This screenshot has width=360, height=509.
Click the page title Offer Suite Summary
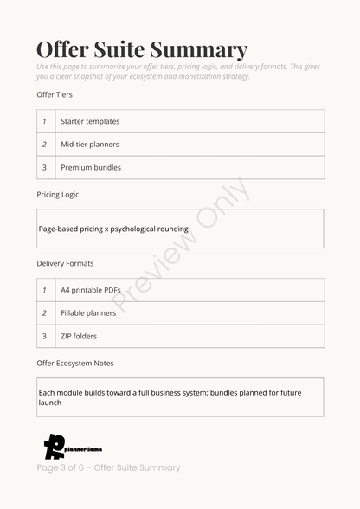click(x=142, y=49)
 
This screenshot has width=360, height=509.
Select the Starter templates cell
click(x=90, y=121)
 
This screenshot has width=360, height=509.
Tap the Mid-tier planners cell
click(x=90, y=145)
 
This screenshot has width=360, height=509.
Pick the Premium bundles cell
click(x=91, y=167)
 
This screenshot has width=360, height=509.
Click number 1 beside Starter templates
click(x=44, y=121)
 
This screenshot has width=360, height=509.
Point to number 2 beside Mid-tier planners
click(x=44, y=145)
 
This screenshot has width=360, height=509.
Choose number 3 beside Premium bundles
click(x=44, y=167)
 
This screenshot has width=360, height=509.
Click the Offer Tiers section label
click(x=55, y=94)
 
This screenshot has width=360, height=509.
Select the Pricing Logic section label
click(x=58, y=195)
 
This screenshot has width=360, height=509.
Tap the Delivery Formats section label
click(x=65, y=263)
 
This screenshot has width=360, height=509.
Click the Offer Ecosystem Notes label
click(x=75, y=364)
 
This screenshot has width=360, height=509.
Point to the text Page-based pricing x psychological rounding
click(x=113, y=229)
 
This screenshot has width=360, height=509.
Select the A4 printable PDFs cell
click(x=92, y=290)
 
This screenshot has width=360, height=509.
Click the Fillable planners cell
click(x=88, y=313)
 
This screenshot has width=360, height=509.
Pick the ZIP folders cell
click(x=79, y=336)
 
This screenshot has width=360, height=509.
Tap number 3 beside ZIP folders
click(x=44, y=336)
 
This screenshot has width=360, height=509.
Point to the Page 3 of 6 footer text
click(x=108, y=468)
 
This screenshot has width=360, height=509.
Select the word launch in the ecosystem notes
click(x=50, y=403)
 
